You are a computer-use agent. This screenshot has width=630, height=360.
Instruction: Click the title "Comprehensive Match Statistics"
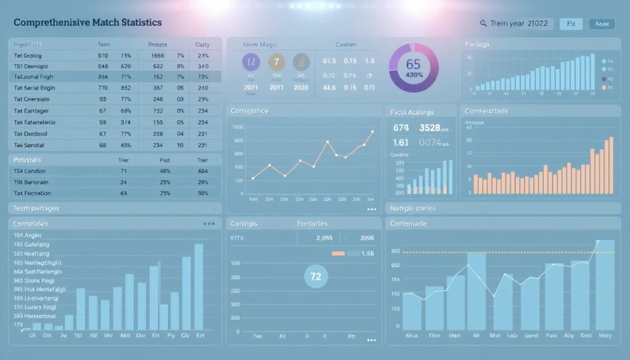[x=87, y=22]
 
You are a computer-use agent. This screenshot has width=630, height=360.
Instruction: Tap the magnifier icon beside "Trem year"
[x=483, y=23]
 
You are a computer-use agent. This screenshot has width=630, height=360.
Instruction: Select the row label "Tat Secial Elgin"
[x=34, y=88]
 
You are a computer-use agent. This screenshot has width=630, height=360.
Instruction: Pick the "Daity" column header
[x=202, y=45]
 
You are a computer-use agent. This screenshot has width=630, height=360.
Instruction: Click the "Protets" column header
[x=157, y=45]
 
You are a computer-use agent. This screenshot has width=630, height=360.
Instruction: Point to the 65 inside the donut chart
[x=413, y=64]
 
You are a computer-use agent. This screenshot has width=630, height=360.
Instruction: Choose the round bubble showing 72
[x=316, y=276]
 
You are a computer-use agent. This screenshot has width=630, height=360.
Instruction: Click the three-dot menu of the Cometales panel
[x=209, y=224]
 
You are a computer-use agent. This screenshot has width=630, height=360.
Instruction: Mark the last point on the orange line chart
[x=372, y=131]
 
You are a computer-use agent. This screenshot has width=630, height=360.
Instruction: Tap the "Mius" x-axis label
[x=412, y=337]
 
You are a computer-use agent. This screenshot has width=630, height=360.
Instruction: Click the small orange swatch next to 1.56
[x=338, y=253]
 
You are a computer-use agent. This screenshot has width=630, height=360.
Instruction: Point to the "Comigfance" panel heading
[x=250, y=111]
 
